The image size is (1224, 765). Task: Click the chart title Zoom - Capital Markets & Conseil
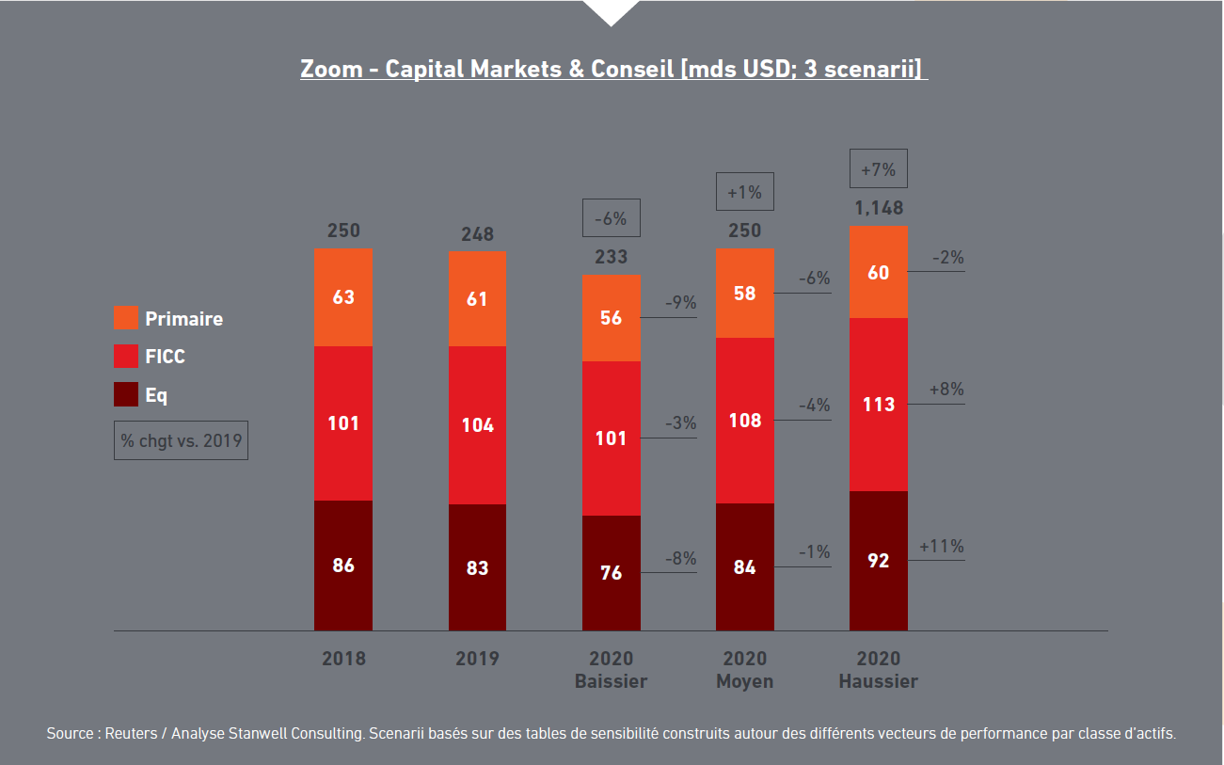click(x=612, y=70)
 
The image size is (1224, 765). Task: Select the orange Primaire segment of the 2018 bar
click(x=343, y=297)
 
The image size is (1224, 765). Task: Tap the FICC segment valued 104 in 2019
click(x=477, y=424)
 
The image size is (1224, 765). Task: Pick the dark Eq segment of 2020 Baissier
click(x=612, y=572)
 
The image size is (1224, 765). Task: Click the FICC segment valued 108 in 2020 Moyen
click(x=745, y=420)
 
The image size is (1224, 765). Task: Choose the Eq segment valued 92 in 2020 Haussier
click(x=879, y=561)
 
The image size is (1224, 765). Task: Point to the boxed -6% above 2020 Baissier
click(x=612, y=217)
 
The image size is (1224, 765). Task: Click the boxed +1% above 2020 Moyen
click(x=745, y=192)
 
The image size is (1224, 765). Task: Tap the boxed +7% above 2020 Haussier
click(x=879, y=169)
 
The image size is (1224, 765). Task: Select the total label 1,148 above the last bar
click(x=879, y=208)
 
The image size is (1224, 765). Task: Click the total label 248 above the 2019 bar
click(x=477, y=234)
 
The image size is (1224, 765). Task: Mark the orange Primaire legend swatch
click(x=126, y=318)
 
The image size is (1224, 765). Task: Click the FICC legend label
click(x=165, y=357)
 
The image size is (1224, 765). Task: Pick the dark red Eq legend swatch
click(x=126, y=395)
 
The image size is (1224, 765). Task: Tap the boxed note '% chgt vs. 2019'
click(x=181, y=440)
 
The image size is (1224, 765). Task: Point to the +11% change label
click(x=942, y=546)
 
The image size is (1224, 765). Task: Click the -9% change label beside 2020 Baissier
click(x=680, y=303)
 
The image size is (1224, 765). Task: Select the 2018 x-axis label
click(x=343, y=659)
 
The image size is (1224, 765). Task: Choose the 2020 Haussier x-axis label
click(x=879, y=669)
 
